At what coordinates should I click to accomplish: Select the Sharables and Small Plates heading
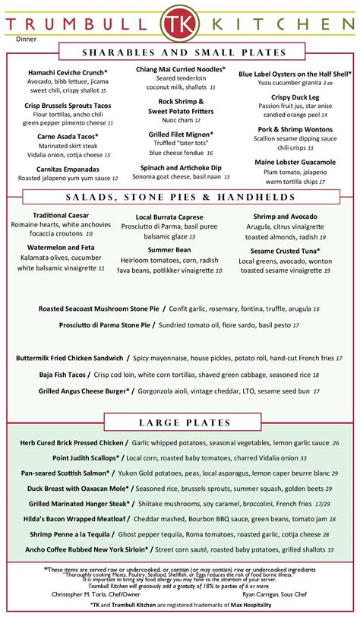pyautogui.click(x=180, y=52)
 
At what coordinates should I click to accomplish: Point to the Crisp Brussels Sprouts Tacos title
pyautogui.click(x=68, y=106)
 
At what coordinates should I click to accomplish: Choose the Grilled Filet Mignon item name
pyautogui.click(x=179, y=134)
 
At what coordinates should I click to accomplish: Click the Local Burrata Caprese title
pyautogui.click(x=179, y=217)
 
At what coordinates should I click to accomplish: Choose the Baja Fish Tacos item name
pyautogui.click(x=64, y=374)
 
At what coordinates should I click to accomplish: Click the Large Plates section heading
pyautogui.click(x=180, y=422)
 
